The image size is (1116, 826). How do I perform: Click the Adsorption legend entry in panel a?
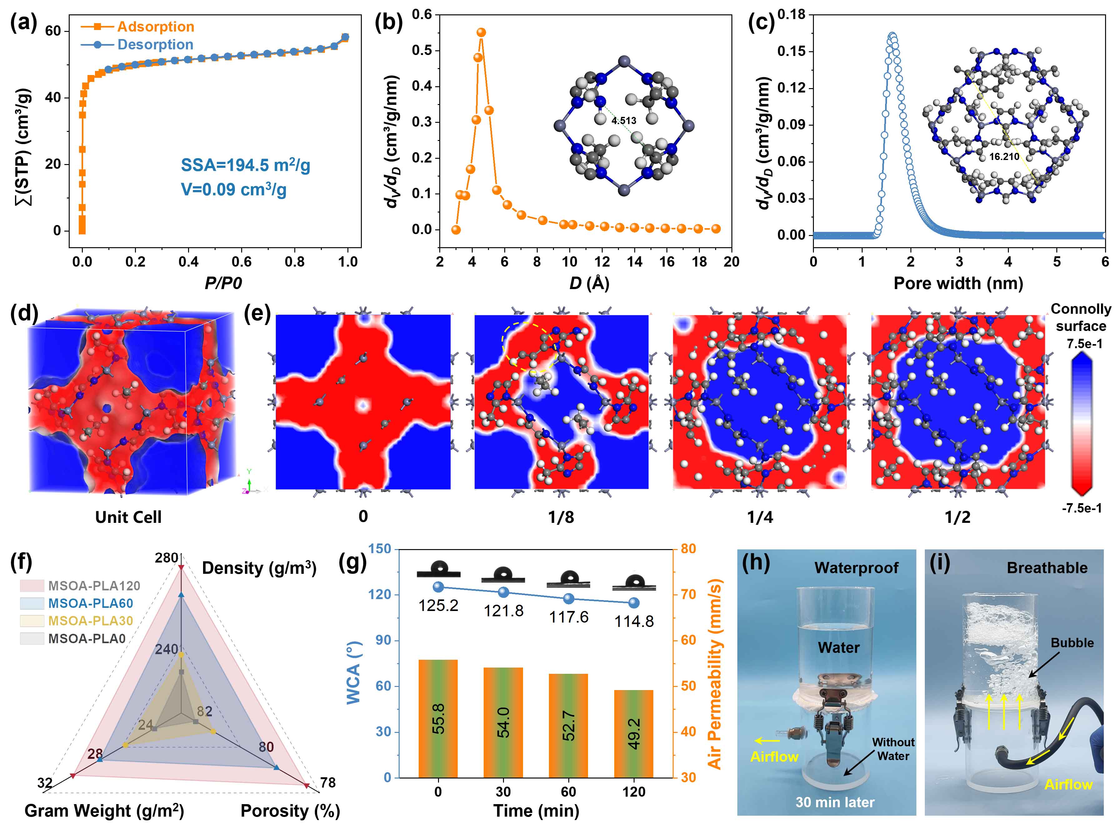[155, 27]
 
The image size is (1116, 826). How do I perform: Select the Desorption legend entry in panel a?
[155, 44]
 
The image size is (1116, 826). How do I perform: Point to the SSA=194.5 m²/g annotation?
[245, 165]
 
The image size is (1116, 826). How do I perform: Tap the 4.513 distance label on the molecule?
[624, 121]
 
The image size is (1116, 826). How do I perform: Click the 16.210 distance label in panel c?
[1004, 157]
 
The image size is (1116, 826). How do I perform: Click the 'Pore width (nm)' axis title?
[958, 283]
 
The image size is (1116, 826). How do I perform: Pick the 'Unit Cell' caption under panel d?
[128, 517]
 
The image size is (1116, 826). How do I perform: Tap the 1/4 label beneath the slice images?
[760, 517]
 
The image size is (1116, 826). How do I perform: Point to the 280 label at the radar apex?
[167, 558]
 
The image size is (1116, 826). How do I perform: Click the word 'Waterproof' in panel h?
[856, 568]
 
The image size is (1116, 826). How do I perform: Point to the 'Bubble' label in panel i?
[1072, 643]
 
